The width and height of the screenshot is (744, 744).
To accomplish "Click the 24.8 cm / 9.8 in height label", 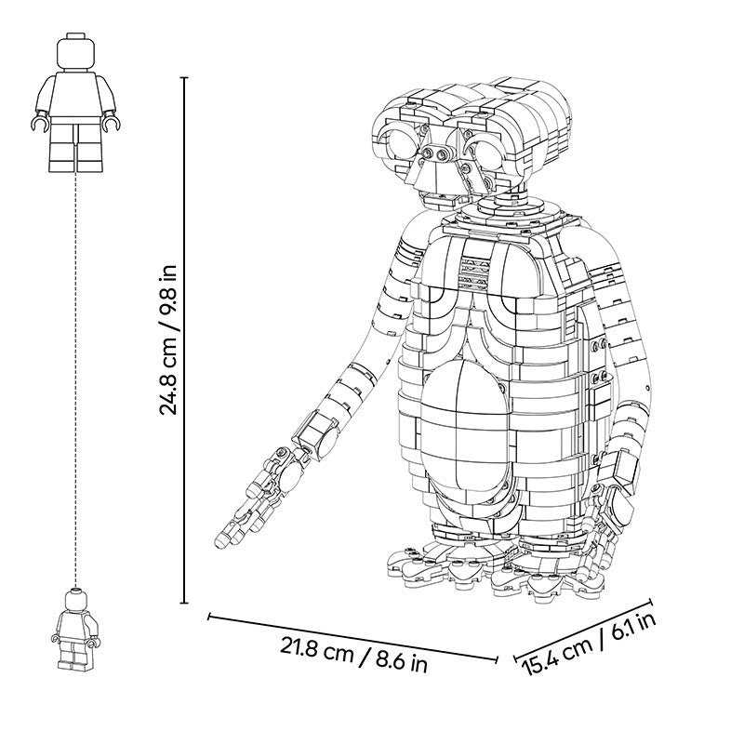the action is click(x=167, y=339).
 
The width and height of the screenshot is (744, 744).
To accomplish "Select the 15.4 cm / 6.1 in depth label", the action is click(x=589, y=644).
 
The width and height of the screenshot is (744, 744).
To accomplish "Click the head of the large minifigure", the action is click(x=76, y=54).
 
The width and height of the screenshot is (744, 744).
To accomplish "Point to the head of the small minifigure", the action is click(x=75, y=600).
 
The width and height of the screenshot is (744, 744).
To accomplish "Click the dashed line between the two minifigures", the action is click(x=75, y=379).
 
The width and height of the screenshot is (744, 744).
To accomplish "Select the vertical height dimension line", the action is click(x=184, y=340).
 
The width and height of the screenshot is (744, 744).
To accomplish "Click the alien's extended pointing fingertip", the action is click(x=221, y=541).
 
